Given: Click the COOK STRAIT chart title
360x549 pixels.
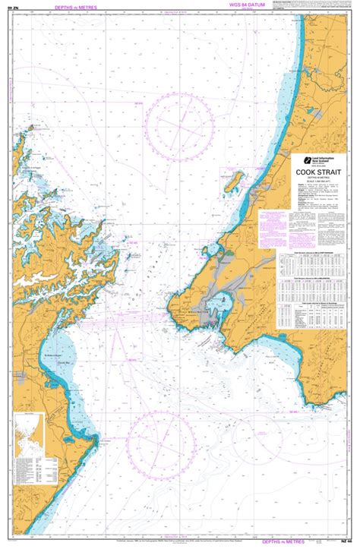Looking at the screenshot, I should pos(318,172).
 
